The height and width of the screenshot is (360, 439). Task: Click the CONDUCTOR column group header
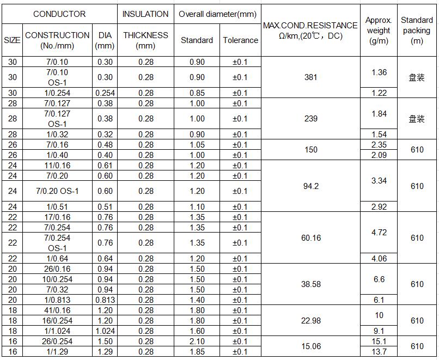59,14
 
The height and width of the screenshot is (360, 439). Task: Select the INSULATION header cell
145,14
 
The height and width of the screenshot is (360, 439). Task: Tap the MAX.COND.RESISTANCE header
310,30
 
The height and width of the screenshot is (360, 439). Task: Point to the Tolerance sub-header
240,40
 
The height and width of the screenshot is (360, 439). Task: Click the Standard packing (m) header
417,30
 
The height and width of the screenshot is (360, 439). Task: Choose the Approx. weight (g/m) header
379,30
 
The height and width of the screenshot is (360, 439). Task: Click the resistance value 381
310,77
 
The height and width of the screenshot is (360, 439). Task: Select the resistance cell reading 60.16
310,238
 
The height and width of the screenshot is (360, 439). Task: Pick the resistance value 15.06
310,346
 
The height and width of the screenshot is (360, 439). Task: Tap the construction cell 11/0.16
57,166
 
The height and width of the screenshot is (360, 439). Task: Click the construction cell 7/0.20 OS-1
57,191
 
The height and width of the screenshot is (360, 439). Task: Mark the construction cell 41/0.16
57,310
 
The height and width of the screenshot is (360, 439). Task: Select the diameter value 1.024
105,331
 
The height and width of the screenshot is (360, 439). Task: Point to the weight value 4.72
379,233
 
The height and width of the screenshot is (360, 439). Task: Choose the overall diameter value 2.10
197,341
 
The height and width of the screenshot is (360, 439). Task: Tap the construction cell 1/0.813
57,300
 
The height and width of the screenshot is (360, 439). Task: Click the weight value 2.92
379,207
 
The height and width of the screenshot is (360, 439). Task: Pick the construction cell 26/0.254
57,341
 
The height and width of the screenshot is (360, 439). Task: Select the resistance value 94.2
310,186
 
